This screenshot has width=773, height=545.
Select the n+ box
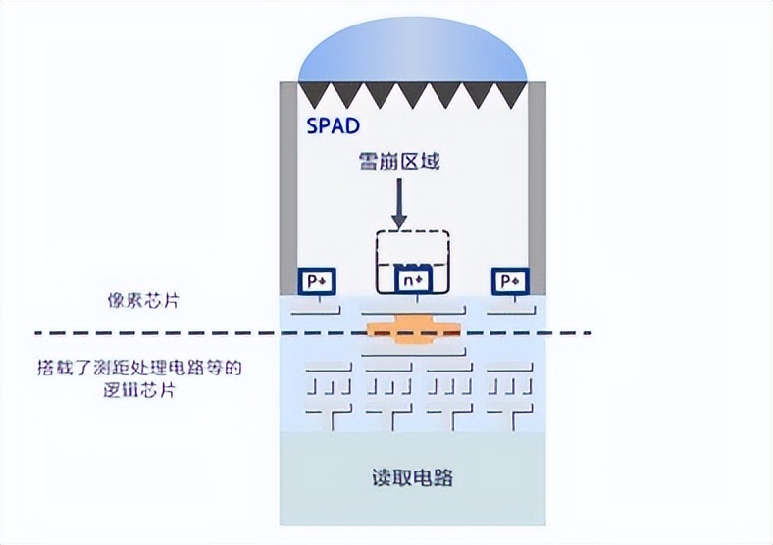point(412,280)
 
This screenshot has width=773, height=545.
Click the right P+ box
point(510,280)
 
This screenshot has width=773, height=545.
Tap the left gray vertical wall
point(288,186)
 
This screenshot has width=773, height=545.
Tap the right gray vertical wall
point(537,186)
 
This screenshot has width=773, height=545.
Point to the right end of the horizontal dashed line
point(589,334)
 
